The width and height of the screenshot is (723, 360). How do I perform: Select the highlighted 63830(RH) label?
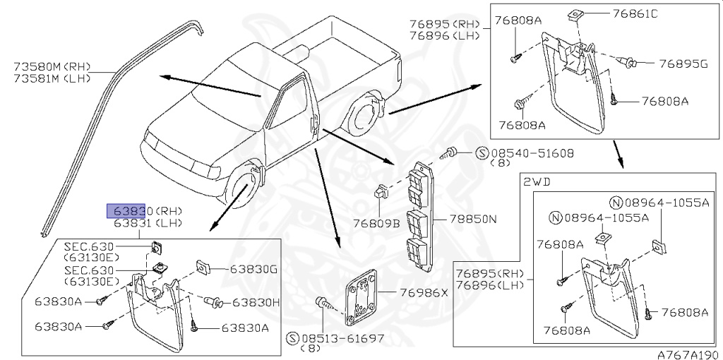145,210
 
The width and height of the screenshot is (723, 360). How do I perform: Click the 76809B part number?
376,224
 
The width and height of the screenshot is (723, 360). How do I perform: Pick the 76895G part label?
683,64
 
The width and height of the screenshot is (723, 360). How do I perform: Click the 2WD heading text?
535,181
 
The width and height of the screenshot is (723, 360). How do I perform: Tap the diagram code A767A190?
687,353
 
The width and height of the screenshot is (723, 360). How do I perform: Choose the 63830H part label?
256,302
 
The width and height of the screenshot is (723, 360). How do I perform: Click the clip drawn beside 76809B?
383,191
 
